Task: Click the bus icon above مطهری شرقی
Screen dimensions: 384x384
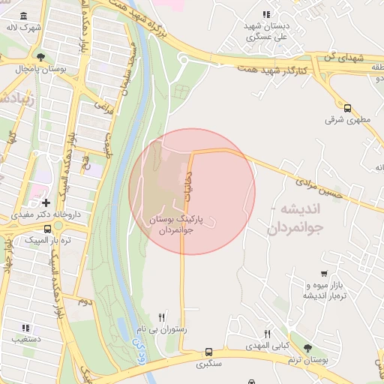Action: (x=347, y=108)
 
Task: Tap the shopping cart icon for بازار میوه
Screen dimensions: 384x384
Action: (x=323, y=274)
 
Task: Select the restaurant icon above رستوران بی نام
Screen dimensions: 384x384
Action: (x=162, y=318)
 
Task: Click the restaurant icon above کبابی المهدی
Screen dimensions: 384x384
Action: (x=268, y=334)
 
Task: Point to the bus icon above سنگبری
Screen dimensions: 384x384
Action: (x=208, y=352)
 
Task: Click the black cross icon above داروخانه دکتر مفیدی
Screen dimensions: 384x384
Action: (x=46, y=202)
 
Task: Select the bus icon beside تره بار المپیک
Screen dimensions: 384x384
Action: (x=47, y=229)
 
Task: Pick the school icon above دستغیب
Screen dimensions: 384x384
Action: (x=25, y=328)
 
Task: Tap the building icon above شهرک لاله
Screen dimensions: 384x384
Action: (x=25, y=16)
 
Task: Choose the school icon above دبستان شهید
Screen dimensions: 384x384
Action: (x=265, y=13)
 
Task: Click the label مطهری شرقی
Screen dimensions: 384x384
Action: (x=345, y=119)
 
